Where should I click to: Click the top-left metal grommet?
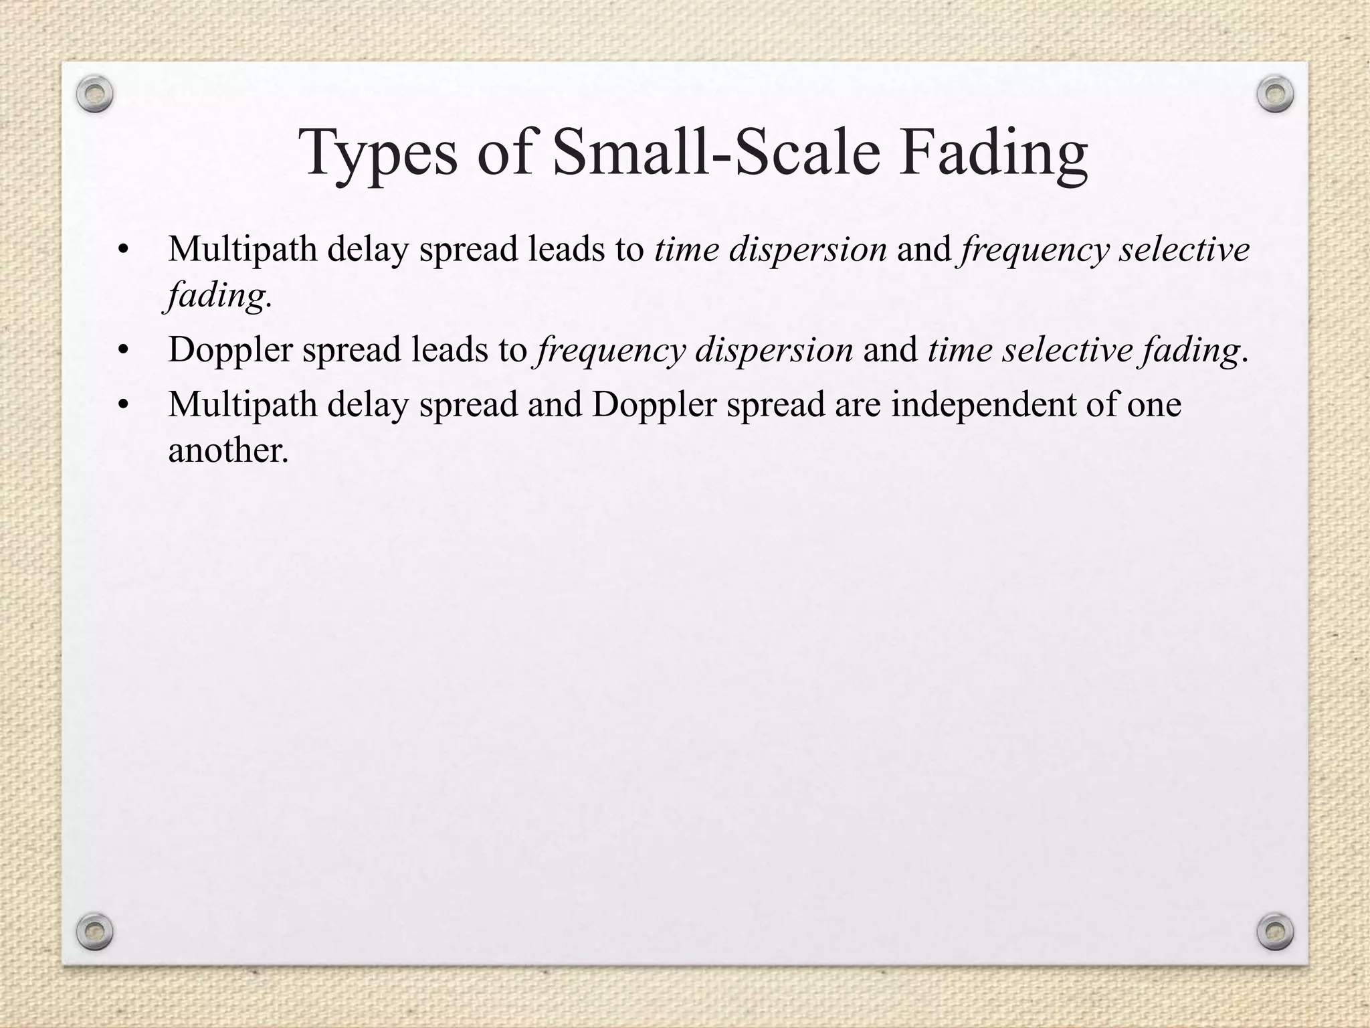point(94,94)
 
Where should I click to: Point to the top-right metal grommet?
point(1275,94)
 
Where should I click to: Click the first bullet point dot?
point(122,250)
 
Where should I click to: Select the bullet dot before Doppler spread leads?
point(122,351)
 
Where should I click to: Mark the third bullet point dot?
point(122,406)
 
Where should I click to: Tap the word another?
point(227,450)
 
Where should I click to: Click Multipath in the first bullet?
point(242,250)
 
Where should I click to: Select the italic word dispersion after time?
point(807,250)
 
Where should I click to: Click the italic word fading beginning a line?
point(215,296)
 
